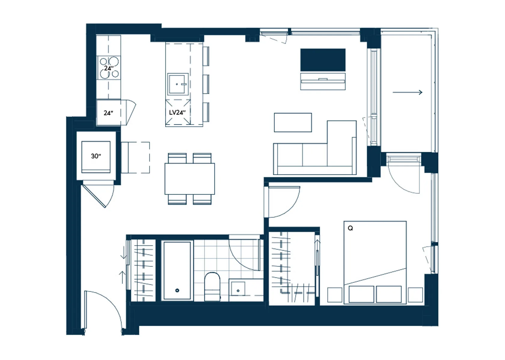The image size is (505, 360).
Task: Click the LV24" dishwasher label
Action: tap(177, 112)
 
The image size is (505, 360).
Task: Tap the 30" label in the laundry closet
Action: tap(96, 156)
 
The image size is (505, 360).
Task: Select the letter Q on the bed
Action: tap(350, 228)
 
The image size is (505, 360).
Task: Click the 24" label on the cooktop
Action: tap(109, 68)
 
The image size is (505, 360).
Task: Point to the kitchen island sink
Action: tap(178, 84)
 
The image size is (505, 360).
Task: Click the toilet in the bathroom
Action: tap(212, 286)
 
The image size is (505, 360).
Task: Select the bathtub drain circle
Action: tap(177, 290)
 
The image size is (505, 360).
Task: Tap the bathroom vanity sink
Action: tap(238, 288)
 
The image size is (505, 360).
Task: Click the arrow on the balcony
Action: tap(407, 92)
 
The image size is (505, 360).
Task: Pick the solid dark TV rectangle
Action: tap(323, 60)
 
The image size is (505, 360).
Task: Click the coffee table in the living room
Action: tap(293, 122)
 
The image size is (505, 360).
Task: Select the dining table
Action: tap(190, 179)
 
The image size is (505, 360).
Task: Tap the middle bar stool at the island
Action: tap(206, 84)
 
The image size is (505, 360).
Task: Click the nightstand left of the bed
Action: tap(335, 295)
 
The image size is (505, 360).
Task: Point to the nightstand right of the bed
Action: tap(415, 295)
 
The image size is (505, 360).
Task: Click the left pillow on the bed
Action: tap(361, 294)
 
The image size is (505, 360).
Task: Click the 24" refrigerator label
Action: tap(109, 113)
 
